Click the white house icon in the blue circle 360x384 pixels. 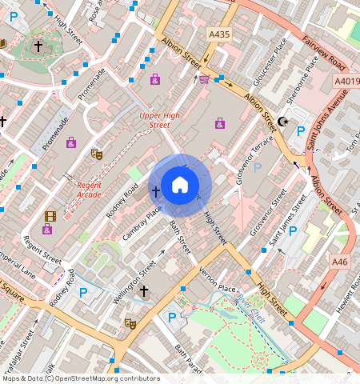tap(180, 186)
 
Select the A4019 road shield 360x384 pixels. tap(346, 81)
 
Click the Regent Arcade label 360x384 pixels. tap(90, 190)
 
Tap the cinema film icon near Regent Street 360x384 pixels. tap(50, 216)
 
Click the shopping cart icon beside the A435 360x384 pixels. tap(203, 78)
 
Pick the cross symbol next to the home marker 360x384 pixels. tap(156, 191)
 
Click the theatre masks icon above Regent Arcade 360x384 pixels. tap(97, 154)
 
